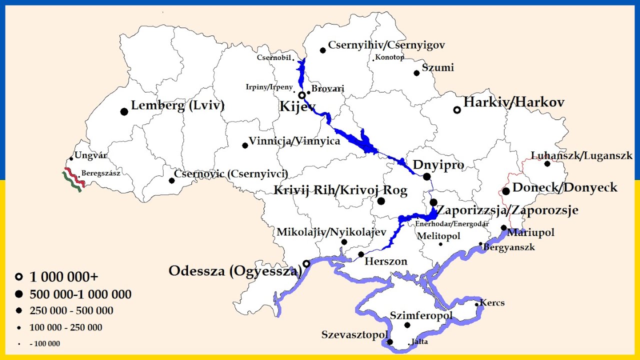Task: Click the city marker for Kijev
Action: pyautogui.click(x=302, y=95)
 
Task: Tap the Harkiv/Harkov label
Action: pyautogui.click(x=514, y=102)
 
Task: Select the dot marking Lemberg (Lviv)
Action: pyautogui.click(x=124, y=111)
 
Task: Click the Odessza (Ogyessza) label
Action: pyautogui.click(x=235, y=271)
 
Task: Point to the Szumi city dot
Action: pyautogui.click(x=416, y=73)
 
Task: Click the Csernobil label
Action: pyautogui.click(x=273, y=57)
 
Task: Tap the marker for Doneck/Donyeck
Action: pyautogui.click(x=506, y=191)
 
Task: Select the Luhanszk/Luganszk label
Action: pyautogui.click(x=581, y=156)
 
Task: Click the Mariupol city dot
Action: pyautogui.click(x=504, y=227)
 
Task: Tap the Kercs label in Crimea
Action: pyautogui.click(x=492, y=303)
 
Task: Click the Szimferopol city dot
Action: pyautogui.click(x=407, y=325)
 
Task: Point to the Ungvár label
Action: pyautogui.click(x=90, y=155)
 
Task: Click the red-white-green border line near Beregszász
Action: pyautogui.click(x=72, y=181)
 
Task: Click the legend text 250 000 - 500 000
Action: pyautogui.click(x=71, y=311)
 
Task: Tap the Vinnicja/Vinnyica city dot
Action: pyautogui.click(x=245, y=145)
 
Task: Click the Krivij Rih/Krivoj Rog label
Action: pyautogui.click(x=340, y=190)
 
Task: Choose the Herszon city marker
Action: pyautogui.click(x=361, y=254)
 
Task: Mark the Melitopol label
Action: pyautogui.click(x=438, y=236)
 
